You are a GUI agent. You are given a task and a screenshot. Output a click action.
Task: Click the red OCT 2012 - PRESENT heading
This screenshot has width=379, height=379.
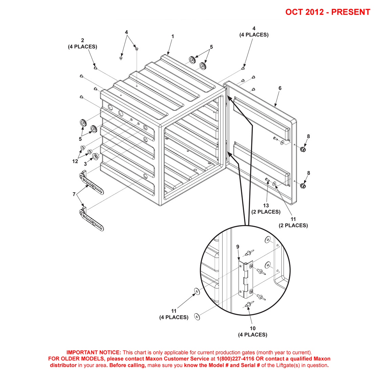coord(327,12)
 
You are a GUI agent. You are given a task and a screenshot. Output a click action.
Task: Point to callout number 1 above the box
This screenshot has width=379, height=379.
coord(173,36)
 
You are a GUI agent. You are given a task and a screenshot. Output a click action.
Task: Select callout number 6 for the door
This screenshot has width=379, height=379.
coord(280,88)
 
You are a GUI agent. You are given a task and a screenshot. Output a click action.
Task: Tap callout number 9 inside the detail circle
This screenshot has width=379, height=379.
coord(238,247)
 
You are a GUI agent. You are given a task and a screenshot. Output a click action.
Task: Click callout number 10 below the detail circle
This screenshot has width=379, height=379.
coord(253,328)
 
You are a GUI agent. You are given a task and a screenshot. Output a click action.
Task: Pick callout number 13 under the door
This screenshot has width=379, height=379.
coord(266,205)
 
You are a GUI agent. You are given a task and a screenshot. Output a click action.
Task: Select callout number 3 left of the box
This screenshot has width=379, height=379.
coord(85,164)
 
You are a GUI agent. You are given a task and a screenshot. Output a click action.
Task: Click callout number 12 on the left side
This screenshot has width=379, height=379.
coord(75,161)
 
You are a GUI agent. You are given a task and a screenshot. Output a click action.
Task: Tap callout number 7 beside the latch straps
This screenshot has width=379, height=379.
coord(74,194)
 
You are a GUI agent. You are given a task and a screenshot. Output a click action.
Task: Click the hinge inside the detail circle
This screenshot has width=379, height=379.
coord(245,279)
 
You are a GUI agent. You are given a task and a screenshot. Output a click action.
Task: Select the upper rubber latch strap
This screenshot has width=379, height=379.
coord(92,184)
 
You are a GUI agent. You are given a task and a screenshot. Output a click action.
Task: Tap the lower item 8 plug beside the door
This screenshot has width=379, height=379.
coord(303,185)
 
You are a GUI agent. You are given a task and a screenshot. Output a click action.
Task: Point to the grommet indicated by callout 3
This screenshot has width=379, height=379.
coord(95,156)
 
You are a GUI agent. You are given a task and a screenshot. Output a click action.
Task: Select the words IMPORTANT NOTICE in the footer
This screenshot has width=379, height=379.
coord(94,353)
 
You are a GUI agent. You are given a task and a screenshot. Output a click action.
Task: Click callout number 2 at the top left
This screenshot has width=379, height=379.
coord(82,40)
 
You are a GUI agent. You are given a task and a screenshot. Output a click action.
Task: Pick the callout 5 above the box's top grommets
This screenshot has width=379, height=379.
coord(211,47)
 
